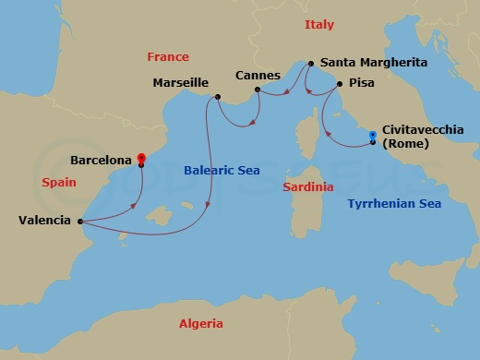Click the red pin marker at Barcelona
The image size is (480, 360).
[x=140, y=158]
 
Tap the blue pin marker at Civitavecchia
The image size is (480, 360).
[x=372, y=137]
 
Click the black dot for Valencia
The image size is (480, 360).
[x=80, y=221]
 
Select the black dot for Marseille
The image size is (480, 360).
[x=217, y=97]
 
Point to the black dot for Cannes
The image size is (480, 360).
[x=258, y=90]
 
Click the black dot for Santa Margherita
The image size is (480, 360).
[x=311, y=64]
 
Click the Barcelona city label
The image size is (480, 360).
[x=100, y=160]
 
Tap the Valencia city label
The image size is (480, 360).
[x=43, y=221]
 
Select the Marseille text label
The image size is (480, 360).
[x=180, y=83]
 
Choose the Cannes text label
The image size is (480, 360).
[x=258, y=75]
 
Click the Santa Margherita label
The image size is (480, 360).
[x=374, y=64]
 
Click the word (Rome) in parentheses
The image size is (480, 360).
[x=403, y=144]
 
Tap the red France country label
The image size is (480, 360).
[x=168, y=57]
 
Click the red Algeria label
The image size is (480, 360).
[x=200, y=323]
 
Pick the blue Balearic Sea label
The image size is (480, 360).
[x=222, y=171]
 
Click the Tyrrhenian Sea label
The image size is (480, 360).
[x=393, y=203]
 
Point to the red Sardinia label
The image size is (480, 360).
[x=307, y=186]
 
